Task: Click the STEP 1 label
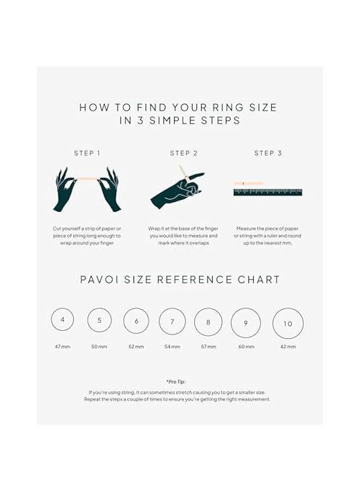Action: click(87, 153)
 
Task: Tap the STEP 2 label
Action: click(184, 153)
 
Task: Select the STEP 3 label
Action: click(268, 153)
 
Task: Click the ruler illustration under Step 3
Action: click(267, 192)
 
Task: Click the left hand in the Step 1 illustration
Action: click(65, 191)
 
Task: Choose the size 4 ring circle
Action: click(63, 320)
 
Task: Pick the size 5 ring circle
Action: click(99, 320)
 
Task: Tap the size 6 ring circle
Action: click(136, 321)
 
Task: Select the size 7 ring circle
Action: click(172, 321)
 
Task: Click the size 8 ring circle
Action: click(208, 322)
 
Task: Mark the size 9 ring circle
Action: click(245, 323)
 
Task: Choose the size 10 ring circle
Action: click(287, 324)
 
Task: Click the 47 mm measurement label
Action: click(63, 347)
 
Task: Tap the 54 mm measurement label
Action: click(172, 347)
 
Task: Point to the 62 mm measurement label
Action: click(287, 347)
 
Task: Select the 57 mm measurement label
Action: click(208, 347)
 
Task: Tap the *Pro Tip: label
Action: click(179, 382)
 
